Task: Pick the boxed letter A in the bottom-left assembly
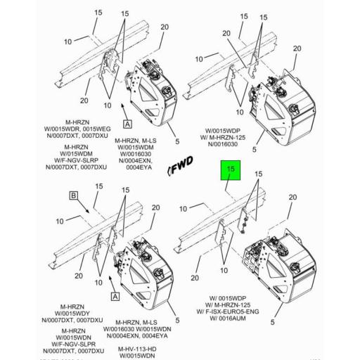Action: (x=112, y=297)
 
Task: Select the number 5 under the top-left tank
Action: (x=177, y=140)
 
